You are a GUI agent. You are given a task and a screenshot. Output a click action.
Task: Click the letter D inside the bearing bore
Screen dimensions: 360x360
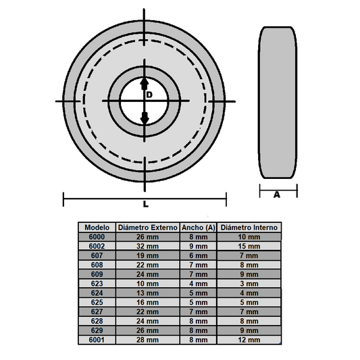tap(149, 95)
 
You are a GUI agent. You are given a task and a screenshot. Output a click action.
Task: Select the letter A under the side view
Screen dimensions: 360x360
tap(277, 195)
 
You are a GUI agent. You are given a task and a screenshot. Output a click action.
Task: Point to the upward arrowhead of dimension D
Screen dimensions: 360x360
tap(144, 83)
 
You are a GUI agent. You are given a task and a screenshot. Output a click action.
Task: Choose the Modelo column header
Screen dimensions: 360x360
tap(97, 228)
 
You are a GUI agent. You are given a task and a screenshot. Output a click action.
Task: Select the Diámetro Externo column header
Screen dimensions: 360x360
tap(147, 228)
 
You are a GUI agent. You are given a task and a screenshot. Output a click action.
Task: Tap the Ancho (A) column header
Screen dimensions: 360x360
tap(199, 228)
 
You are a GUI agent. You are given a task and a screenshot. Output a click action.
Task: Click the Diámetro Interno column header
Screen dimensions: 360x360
tap(249, 228)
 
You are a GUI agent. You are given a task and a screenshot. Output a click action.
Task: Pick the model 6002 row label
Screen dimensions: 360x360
tap(97, 247)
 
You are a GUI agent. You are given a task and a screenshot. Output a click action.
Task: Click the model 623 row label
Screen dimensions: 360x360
tap(97, 284)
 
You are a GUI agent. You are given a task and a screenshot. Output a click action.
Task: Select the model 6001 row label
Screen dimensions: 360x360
tap(97, 340)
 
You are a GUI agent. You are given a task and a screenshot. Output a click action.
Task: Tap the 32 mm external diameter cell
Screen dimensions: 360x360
tap(147, 247)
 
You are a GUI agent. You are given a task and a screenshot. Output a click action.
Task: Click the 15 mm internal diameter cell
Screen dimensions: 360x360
tap(249, 247)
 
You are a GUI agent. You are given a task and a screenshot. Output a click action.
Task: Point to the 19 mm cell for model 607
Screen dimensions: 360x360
tap(147, 256)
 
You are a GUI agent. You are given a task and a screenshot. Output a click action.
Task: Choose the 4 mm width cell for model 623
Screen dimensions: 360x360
tap(199, 284)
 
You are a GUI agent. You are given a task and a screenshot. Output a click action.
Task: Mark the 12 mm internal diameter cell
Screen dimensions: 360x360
tap(249, 340)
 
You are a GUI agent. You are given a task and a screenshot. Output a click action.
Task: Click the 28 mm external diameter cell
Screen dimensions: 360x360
tap(147, 340)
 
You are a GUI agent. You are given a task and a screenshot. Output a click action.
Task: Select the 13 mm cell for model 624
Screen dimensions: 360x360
tap(147, 294)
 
